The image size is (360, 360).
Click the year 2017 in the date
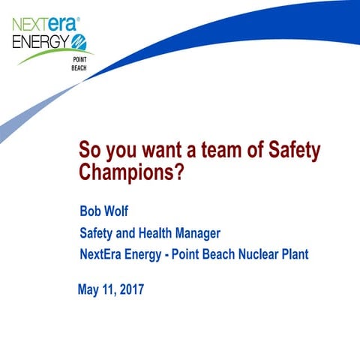[128, 289]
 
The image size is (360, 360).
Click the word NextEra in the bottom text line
[103, 254]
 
